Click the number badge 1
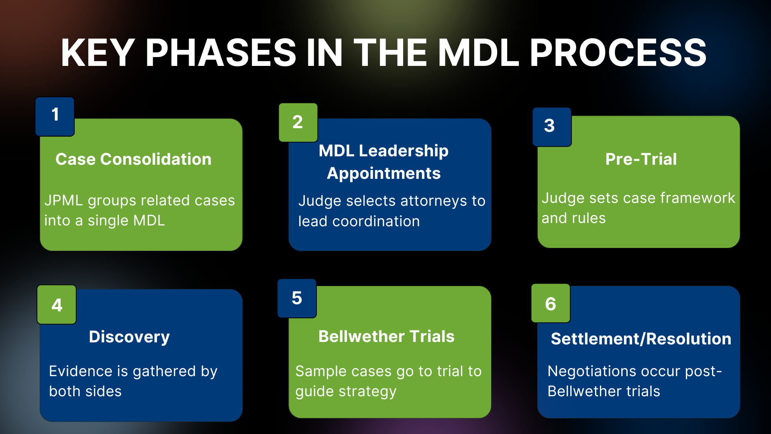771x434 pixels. coord(55,116)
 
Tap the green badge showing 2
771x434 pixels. coord(298,123)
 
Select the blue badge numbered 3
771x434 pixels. coord(551,127)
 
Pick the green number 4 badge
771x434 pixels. coord(57,305)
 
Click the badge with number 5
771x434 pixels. coord(297,298)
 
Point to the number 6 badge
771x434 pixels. coord(551,303)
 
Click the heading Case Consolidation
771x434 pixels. coord(133,159)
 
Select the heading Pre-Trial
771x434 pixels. coord(641,159)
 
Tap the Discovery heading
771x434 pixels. coord(129,337)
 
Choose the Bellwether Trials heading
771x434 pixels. coord(386,336)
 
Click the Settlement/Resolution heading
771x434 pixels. coord(641,339)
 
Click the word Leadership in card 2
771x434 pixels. coord(403,151)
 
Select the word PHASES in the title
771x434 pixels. coord(220,53)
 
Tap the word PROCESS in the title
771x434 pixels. coord(618,53)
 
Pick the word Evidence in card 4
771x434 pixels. coord(80,371)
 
